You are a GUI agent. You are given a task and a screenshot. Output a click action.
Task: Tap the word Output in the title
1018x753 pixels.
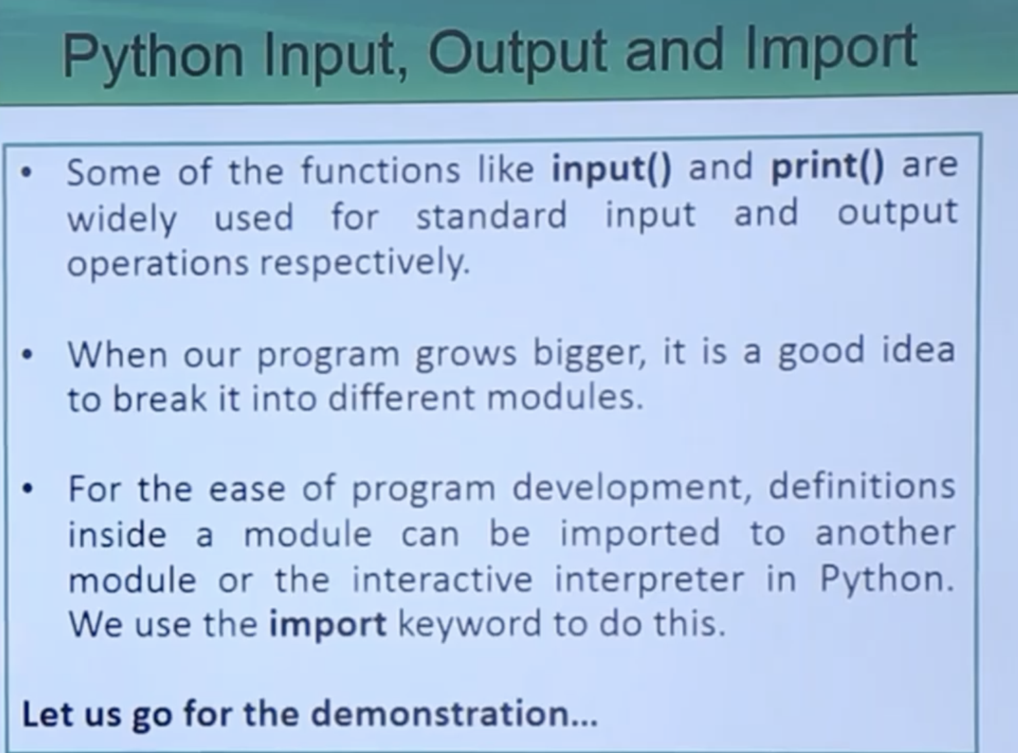pos(517,55)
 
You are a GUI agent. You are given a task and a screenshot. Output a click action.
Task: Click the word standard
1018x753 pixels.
pos(491,215)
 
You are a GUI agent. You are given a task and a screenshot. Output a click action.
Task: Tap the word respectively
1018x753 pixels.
pos(365,264)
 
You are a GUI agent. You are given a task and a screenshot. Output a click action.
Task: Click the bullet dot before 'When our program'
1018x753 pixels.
pos(28,355)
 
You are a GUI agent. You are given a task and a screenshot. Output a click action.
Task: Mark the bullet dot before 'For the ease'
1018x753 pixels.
pos(28,489)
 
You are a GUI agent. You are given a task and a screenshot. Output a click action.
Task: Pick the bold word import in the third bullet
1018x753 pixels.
pos(327,625)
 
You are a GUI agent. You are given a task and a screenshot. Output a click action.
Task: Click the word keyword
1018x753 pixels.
pos(469,625)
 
